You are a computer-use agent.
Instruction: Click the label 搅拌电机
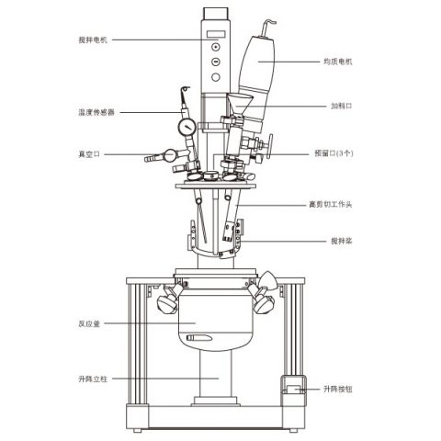93,40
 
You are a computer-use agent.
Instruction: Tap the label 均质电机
338,62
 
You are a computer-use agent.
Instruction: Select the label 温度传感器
96,112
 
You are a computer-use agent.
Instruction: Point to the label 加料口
342,106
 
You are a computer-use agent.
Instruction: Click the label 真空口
89,154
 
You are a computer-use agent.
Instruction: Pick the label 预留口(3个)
334,153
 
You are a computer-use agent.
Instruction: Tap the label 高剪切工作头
331,204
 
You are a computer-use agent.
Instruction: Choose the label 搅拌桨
342,241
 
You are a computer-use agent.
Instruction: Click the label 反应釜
89,323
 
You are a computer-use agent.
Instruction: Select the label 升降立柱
93,379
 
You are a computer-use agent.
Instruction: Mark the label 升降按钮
338,390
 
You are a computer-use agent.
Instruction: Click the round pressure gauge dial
187,127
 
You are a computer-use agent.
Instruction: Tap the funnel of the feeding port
240,104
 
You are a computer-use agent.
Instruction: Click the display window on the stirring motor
216,34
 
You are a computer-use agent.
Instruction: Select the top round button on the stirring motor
216,47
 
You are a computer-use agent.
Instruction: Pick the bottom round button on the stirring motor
216,77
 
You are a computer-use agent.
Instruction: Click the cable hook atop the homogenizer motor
268,26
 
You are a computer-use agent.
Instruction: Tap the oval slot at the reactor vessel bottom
199,338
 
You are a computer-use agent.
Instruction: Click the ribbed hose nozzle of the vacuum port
153,158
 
